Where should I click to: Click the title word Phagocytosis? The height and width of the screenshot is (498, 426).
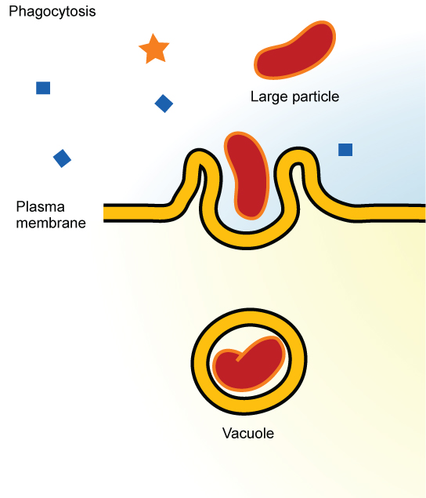(52, 13)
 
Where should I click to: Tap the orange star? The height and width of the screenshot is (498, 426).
(153, 49)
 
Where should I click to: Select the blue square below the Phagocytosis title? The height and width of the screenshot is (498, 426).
(43, 88)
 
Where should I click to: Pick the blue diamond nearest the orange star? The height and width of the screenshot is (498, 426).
(164, 103)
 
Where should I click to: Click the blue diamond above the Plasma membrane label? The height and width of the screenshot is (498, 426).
(62, 158)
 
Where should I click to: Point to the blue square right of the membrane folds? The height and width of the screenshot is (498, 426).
(345, 150)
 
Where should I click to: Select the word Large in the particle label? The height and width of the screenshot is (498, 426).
(268, 97)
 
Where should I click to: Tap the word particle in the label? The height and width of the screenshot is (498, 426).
(312, 97)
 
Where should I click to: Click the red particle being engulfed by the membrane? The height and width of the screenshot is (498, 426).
(247, 174)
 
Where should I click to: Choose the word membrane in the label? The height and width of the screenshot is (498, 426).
(51, 223)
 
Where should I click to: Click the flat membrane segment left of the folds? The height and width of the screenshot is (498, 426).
(137, 212)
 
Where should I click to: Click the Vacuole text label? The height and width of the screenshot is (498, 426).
(248, 433)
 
